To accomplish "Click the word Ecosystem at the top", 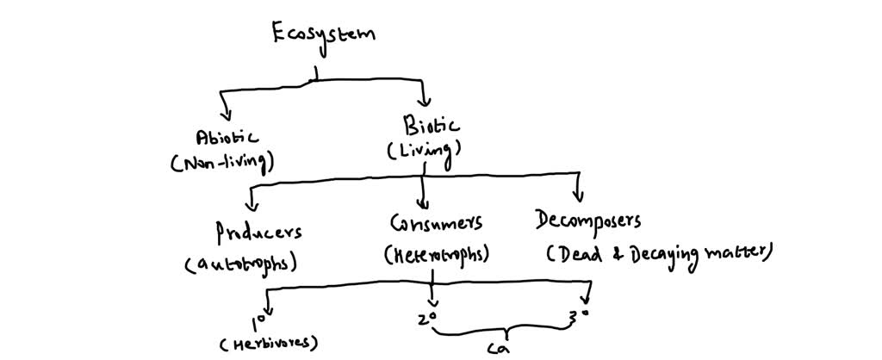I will [x=324, y=35].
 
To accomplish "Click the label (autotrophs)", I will [x=242, y=264].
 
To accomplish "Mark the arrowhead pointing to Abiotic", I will [x=227, y=115].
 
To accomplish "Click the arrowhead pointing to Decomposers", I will [x=578, y=195].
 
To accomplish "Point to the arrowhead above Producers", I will [x=252, y=204].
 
